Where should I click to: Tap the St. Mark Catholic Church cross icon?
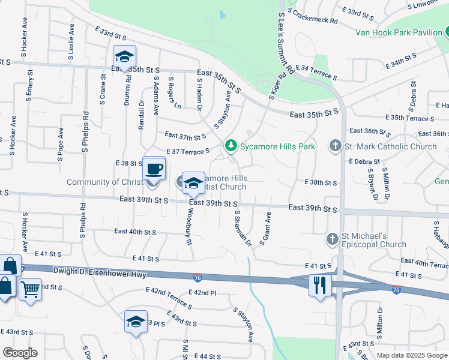coord(334,146)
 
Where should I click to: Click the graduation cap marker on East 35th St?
coord(124,57)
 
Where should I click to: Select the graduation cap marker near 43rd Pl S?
coord(136,322)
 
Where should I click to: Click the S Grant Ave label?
coord(265,228)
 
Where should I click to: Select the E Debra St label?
coord(365,162)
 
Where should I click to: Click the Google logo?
coord(20,353)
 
